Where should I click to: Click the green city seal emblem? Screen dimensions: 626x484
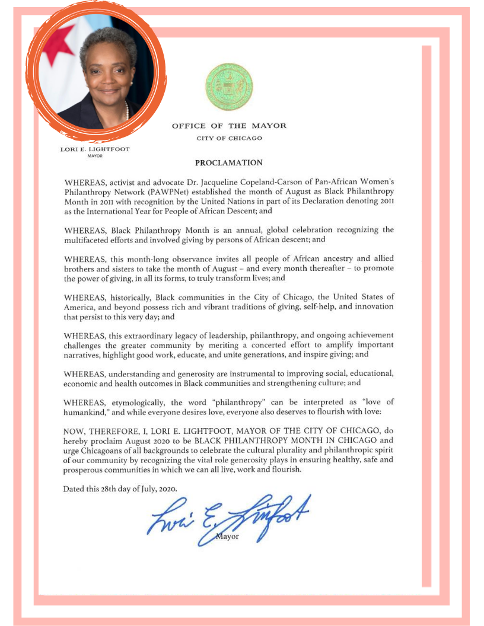(229, 87)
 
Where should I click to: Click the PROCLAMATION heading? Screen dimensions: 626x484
(228, 162)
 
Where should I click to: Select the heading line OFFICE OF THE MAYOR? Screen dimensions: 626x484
(229, 126)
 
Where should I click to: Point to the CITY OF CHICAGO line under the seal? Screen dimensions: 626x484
(229, 138)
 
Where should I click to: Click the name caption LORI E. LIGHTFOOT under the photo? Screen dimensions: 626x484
(95, 149)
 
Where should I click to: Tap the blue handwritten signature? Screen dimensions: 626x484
(228, 518)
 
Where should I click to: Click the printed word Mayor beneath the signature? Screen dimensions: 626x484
(227, 536)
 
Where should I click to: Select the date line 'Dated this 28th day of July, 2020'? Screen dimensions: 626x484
(120, 489)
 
